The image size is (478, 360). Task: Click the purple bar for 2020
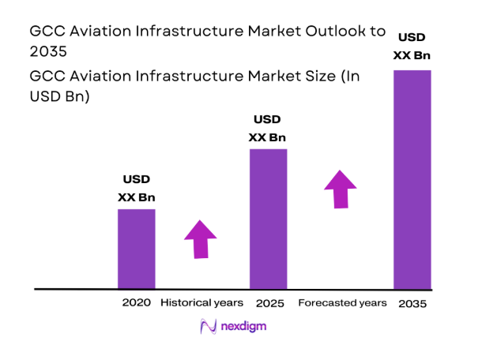(136, 249)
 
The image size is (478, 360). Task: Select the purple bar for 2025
(268, 219)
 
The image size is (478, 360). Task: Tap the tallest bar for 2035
(412, 179)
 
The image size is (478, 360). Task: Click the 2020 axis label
(135, 303)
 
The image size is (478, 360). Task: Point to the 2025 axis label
(270, 303)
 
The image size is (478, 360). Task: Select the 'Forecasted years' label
(342, 303)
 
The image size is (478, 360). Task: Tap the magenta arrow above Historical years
(201, 238)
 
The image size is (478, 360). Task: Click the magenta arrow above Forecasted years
(341, 188)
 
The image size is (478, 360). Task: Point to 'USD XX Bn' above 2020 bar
(136, 188)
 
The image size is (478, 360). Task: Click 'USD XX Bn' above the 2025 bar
(268, 128)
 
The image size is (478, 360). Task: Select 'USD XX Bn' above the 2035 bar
(412, 46)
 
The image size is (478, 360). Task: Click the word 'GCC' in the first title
(47, 32)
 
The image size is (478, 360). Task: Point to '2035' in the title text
(48, 51)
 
